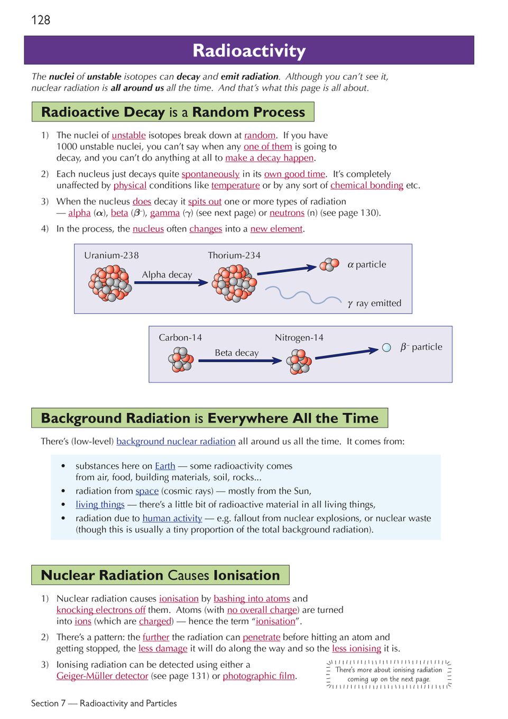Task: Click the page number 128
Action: click(41, 20)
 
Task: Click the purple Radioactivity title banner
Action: click(249, 50)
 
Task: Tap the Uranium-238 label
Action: click(112, 255)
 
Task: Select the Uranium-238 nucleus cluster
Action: click(110, 283)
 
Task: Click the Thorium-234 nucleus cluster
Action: click(234, 283)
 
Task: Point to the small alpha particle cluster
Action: click(329, 264)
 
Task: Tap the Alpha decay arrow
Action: click(171, 283)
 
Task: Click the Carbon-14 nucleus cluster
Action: click(181, 360)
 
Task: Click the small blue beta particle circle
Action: click(386, 347)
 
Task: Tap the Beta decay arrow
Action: click(240, 361)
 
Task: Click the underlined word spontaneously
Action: click(210, 174)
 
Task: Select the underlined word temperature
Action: click(235, 186)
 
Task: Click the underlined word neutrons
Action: click(287, 213)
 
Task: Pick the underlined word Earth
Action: click(165, 466)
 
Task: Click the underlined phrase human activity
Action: click(172, 518)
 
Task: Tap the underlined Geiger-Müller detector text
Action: click(102, 676)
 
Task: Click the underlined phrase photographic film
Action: click(258, 676)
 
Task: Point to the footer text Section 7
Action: click(48, 703)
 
